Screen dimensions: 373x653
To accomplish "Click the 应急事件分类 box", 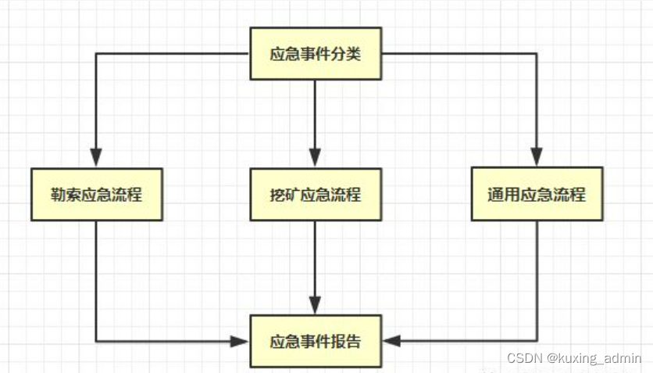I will tap(316, 54).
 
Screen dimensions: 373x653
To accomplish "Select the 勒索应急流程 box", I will tap(96, 194).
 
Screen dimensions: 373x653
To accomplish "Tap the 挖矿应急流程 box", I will tap(316, 194).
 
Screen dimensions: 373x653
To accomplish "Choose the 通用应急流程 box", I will tap(537, 194).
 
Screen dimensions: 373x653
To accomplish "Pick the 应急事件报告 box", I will tap(316, 342).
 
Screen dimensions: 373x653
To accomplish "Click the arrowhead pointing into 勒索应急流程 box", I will tap(96, 158).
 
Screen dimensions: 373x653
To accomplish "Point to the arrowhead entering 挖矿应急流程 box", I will tap(316, 158).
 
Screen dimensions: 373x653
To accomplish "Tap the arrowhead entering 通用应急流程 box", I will tap(537, 158).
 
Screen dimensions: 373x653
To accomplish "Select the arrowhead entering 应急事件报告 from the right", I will tap(391, 342).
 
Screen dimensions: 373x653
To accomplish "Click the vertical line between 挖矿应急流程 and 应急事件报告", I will tap(316, 258).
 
